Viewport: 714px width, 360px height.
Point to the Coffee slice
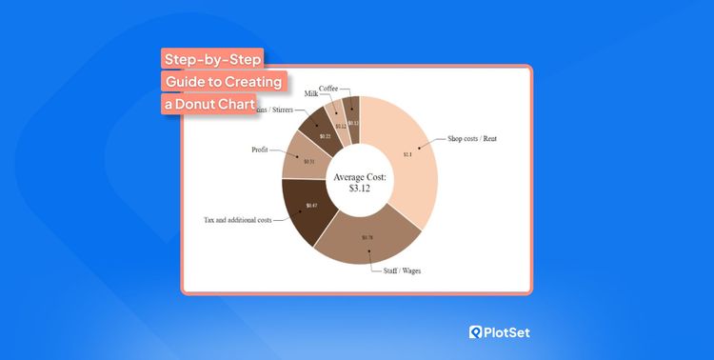tap(351, 114)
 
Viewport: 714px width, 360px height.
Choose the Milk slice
tap(335, 118)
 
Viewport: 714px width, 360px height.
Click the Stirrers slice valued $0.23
tap(316, 130)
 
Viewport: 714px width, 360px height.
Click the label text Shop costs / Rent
tap(473, 139)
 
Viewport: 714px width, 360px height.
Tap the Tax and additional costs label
tap(237, 220)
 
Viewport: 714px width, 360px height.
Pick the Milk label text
tap(311, 94)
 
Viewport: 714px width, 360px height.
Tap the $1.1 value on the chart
tap(407, 153)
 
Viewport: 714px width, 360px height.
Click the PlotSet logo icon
tap(476, 332)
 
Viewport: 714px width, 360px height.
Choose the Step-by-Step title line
tap(211, 60)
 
